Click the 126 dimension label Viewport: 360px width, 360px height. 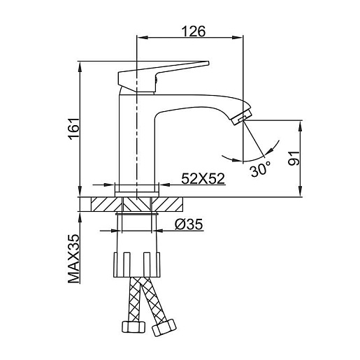click(194, 31)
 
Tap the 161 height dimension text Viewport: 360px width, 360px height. click(74, 129)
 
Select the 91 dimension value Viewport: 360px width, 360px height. click(294, 158)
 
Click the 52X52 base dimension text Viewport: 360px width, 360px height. click(203, 179)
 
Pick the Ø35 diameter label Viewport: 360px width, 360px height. click(189, 224)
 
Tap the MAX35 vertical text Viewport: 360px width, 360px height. click(74, 259)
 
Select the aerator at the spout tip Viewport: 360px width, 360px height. click(243, 117)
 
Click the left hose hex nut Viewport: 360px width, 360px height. click(134, 326)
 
